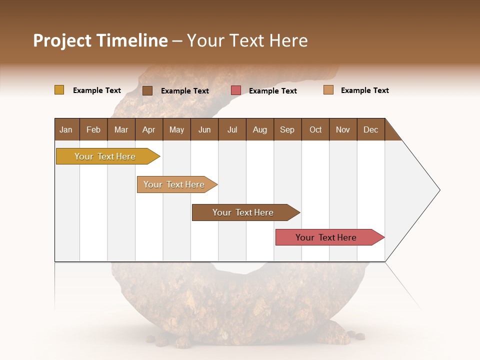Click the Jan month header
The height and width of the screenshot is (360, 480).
66,129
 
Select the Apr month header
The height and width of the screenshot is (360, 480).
149,129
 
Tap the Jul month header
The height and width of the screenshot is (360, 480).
232,129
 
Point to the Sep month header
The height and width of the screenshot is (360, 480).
287,129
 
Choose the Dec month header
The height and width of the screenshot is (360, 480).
370,129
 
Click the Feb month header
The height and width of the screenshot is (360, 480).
93,129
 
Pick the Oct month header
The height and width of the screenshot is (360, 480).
315,129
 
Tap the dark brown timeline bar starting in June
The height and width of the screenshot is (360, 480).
243,212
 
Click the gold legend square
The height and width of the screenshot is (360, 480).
59,90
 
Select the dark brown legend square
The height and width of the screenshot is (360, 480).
147,90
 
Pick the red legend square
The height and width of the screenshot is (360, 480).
236,90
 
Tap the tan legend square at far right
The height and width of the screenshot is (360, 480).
328,90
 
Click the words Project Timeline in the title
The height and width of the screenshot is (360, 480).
100,40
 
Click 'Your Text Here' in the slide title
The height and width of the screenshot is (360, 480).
247,40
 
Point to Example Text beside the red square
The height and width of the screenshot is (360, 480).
272,91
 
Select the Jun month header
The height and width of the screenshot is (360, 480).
204,129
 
